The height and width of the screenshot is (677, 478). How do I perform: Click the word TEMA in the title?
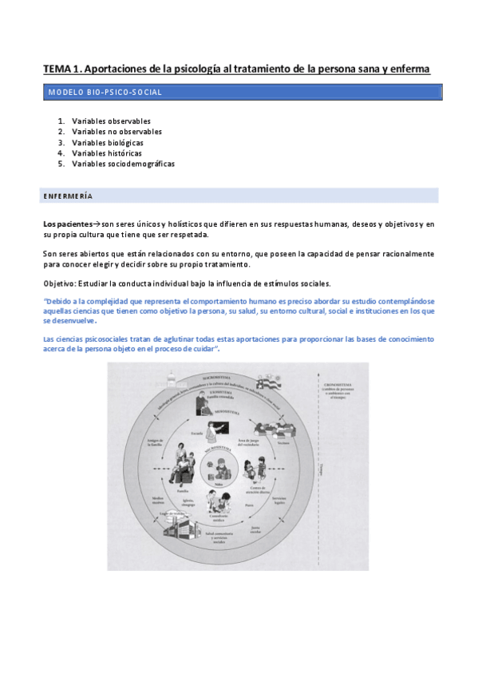pos(57,69)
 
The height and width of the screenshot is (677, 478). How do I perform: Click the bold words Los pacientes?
pos(68,225)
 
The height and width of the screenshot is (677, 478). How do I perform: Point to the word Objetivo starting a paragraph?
pos(59,284)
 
